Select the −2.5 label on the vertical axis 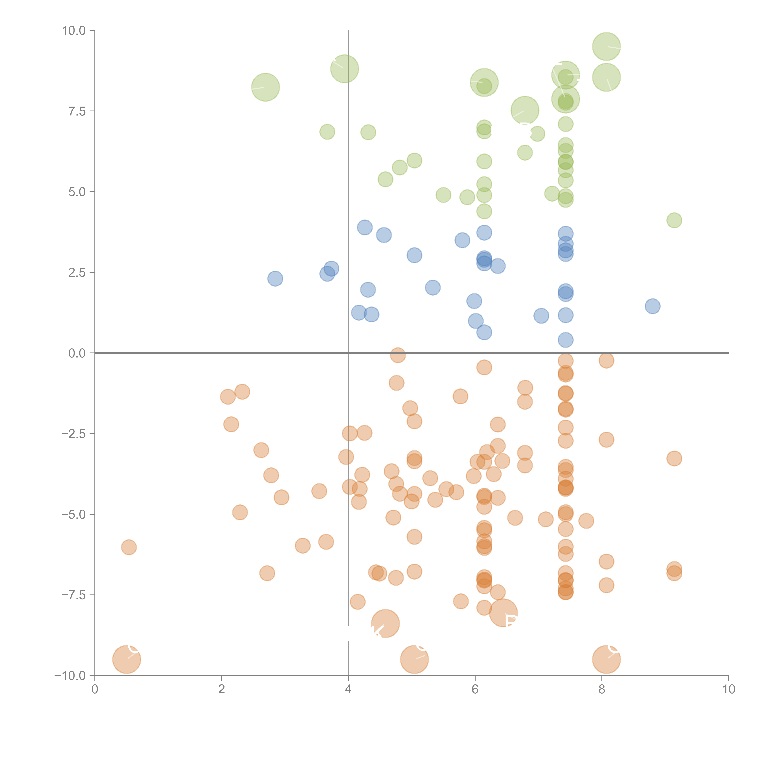pos(73,434)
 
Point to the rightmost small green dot pos(674,220)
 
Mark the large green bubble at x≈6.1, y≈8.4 pos(484,82)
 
